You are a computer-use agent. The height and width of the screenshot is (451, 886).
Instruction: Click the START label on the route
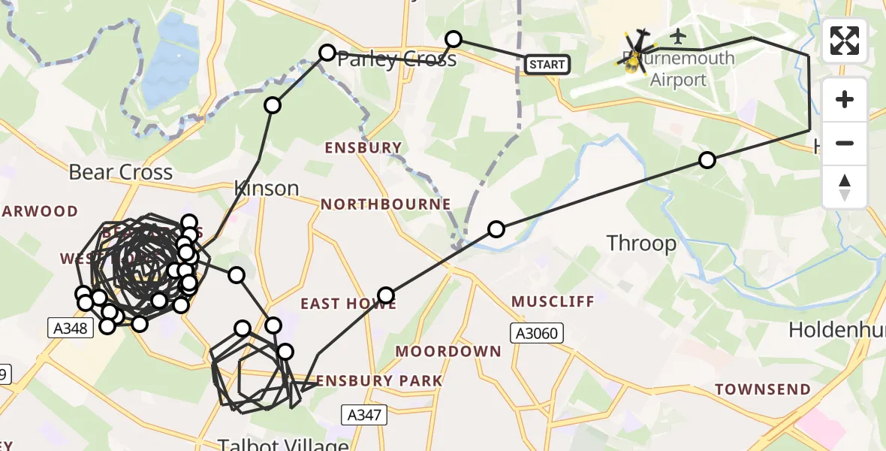(x=547, y=65)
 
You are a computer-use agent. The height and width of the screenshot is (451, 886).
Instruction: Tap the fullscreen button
(x=845, y=41)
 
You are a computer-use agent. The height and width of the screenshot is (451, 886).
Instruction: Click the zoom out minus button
(x=845, y=143)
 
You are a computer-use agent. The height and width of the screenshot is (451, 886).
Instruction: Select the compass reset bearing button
(x=845, y=187)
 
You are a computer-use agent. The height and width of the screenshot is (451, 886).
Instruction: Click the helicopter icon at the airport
(x=637, y=53)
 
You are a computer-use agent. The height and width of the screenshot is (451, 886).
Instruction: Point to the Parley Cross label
(x=397, y=59)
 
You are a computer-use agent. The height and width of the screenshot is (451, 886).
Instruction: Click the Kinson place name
(x=267, y=188)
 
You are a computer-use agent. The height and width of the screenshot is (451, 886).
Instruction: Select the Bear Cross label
(x=120, y=172)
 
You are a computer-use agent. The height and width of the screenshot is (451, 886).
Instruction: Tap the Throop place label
(x=641, y=244)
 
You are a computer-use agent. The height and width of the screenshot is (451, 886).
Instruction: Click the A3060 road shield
(x=536, y=333)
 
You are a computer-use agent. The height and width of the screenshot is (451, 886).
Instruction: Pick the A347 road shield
(x=363, y=414)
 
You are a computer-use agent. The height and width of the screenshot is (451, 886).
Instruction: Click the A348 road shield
(x=70, y=328)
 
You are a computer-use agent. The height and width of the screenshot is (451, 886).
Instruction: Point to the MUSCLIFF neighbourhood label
(x=553, y=302)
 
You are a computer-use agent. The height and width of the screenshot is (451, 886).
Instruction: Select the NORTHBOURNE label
(x=386, y=204)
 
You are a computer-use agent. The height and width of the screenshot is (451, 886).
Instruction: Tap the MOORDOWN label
(x=448, y=351)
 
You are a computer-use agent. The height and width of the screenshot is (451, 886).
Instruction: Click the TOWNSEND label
(x=763, y=389)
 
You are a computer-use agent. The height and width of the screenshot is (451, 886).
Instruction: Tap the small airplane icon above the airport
(x=678, y=35)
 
